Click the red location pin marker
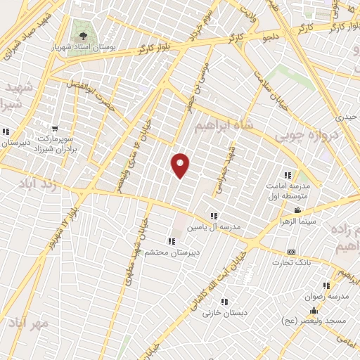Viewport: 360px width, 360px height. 181,165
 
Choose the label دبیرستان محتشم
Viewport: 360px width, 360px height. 173,251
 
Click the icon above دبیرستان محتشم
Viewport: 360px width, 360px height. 172,240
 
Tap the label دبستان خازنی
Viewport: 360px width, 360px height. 217,312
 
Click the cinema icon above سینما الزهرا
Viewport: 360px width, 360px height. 298,210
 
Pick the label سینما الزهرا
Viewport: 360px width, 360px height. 309,221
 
